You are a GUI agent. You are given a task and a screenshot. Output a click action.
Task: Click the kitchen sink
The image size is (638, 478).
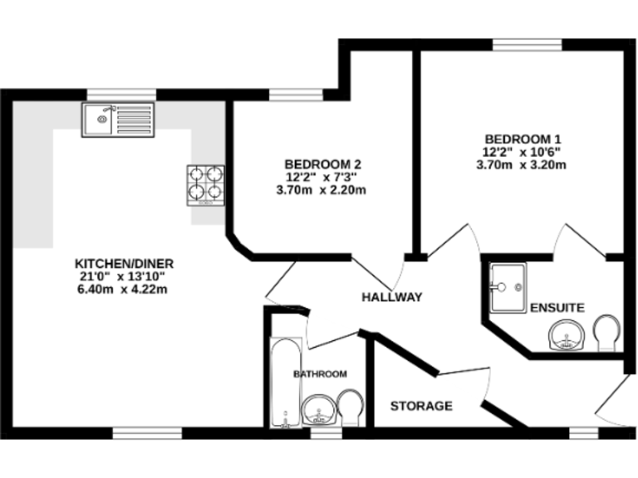pyautogui.click(x=117, y=119)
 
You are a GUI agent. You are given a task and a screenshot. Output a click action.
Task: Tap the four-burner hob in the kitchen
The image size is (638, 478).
pyautogui.click(x=205, y=184)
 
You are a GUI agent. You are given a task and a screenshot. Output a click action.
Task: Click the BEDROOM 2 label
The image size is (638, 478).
pyautogui.click(x=322, y=163)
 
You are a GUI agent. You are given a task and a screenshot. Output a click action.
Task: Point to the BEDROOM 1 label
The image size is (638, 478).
pyautogui.click(x=524, y=139)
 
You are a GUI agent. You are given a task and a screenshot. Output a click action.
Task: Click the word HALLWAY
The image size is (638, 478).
pyautogui.click(x=392, y=297)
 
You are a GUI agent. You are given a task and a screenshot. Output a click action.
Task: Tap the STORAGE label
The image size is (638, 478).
pyautogui.click(x=421, y=406)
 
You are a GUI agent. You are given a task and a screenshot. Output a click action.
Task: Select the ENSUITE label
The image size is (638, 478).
pyautogui.click(x=557, y=307)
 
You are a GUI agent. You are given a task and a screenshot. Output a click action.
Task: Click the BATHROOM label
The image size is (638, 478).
pyautogui.click(x=320, y=374)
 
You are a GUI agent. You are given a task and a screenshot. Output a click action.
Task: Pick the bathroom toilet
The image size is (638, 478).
pyautogui.click(x=351, y=407)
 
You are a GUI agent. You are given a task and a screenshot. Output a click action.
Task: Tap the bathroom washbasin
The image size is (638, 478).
pyautogui.click(x=318, y=410)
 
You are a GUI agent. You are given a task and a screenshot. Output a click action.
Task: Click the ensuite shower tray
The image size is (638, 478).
pyautogui.click(x=507, y=287)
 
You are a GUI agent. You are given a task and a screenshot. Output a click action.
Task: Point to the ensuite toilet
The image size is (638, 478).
pyautogui.click(x=607, y=334)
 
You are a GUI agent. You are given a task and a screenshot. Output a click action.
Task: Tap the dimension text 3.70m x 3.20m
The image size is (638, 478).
pyautogui.click(x=521, y=164)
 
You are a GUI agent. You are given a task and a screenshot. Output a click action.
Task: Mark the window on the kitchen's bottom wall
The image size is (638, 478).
pyautogui.click(x=147, y=432)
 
